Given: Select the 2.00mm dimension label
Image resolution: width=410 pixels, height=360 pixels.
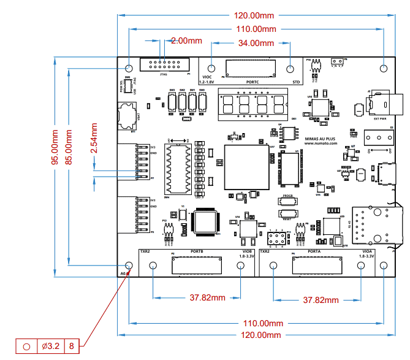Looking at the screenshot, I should pos(186,40).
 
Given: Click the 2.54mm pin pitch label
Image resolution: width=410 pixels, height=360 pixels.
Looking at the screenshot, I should pos(94,138).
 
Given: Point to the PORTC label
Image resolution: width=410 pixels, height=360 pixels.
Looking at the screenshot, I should pos(253,82).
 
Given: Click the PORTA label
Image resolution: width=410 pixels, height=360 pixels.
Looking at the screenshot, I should pos(317,251).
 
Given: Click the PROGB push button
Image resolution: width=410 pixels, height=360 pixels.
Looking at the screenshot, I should pos(287,200).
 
